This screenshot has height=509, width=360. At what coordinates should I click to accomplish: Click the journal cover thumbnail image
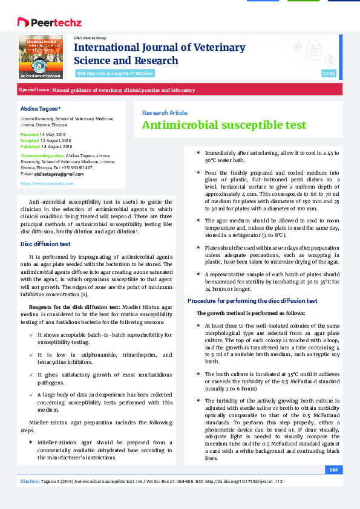coord(41,57)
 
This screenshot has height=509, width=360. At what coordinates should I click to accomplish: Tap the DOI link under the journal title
coord(115,73)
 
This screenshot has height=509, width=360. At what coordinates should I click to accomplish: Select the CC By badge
coord(329,73)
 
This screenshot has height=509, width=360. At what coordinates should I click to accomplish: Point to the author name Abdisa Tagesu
coord(41,107)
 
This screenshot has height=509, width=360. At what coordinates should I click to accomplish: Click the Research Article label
coord(164,112)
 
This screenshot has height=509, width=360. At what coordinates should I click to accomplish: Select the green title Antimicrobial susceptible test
coord(224,125)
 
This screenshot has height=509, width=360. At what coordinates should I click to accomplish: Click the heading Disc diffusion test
coord(46,244)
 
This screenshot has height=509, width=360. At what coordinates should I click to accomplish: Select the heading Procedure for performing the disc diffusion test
coord(252,300)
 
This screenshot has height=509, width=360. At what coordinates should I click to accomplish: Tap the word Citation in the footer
coord(30,481)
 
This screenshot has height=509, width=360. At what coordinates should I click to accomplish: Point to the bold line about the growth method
coord(251,313)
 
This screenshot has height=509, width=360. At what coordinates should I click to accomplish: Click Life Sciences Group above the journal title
coord(90,37)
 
